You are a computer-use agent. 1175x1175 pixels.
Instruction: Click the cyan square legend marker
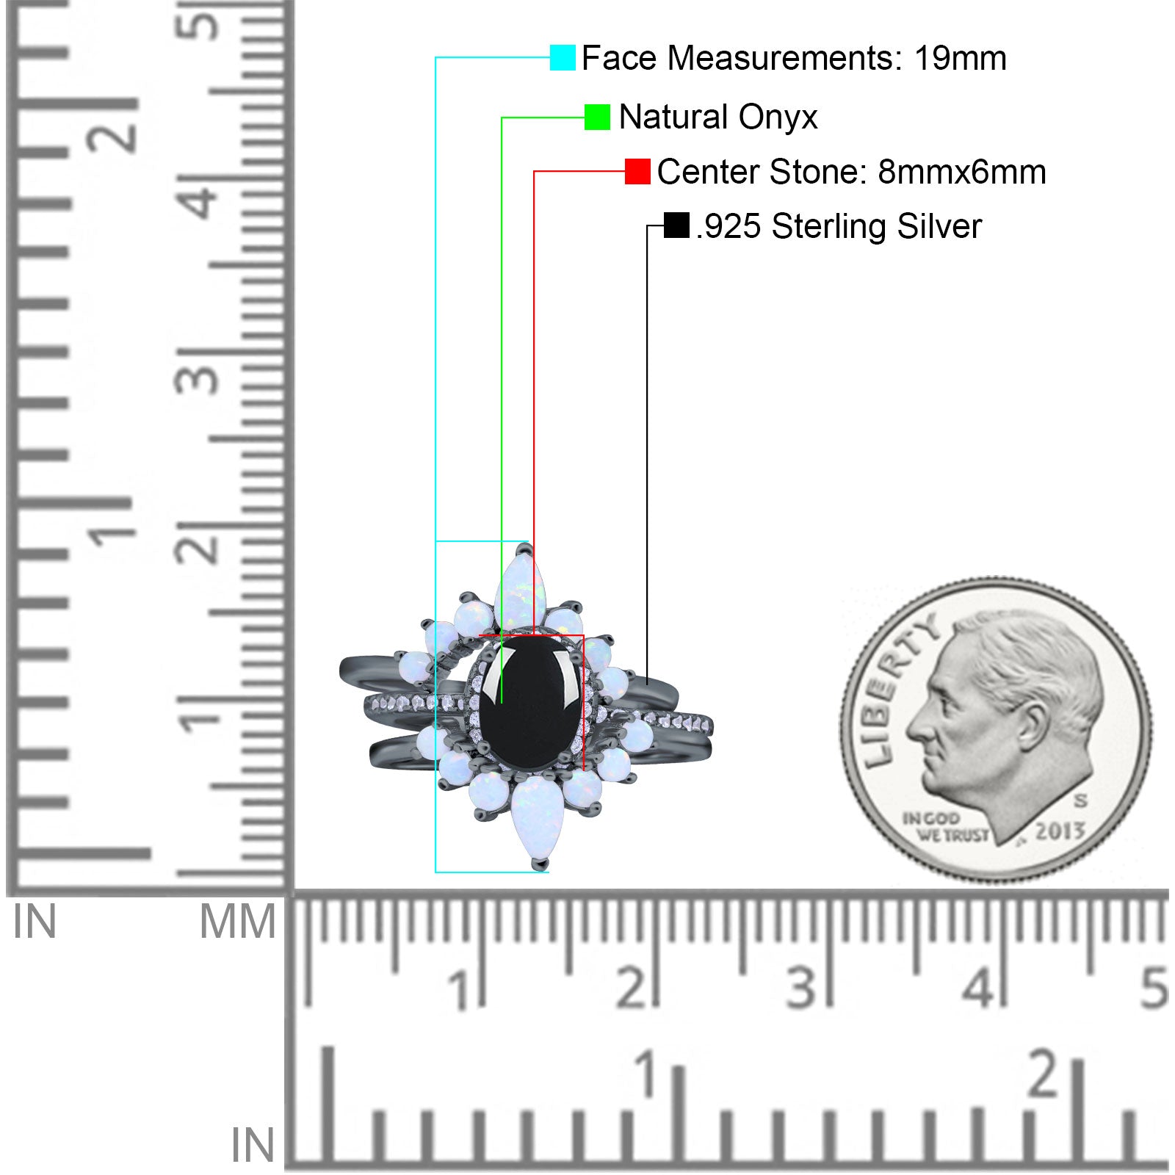pyautogui.click(x=563, y=57)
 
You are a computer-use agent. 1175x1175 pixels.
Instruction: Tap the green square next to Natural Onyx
pyautogui.click(x=597, y=117)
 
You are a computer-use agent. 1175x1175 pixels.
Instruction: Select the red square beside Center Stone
pyautogui.click(x=637, y=171)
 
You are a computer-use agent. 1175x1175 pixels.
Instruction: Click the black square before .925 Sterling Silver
pyautogui.click(x=676, y=225)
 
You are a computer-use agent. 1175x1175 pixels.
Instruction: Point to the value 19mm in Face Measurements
pyautogui.click(x=960, y=58)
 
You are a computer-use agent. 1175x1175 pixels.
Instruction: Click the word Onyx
pyautogui.click(x=778, y=118)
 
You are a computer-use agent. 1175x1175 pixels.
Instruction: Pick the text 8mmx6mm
pyautogui.click(x=962, y=172)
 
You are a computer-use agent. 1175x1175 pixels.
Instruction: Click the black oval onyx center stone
pyautogui.click(x=530, y=703)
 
